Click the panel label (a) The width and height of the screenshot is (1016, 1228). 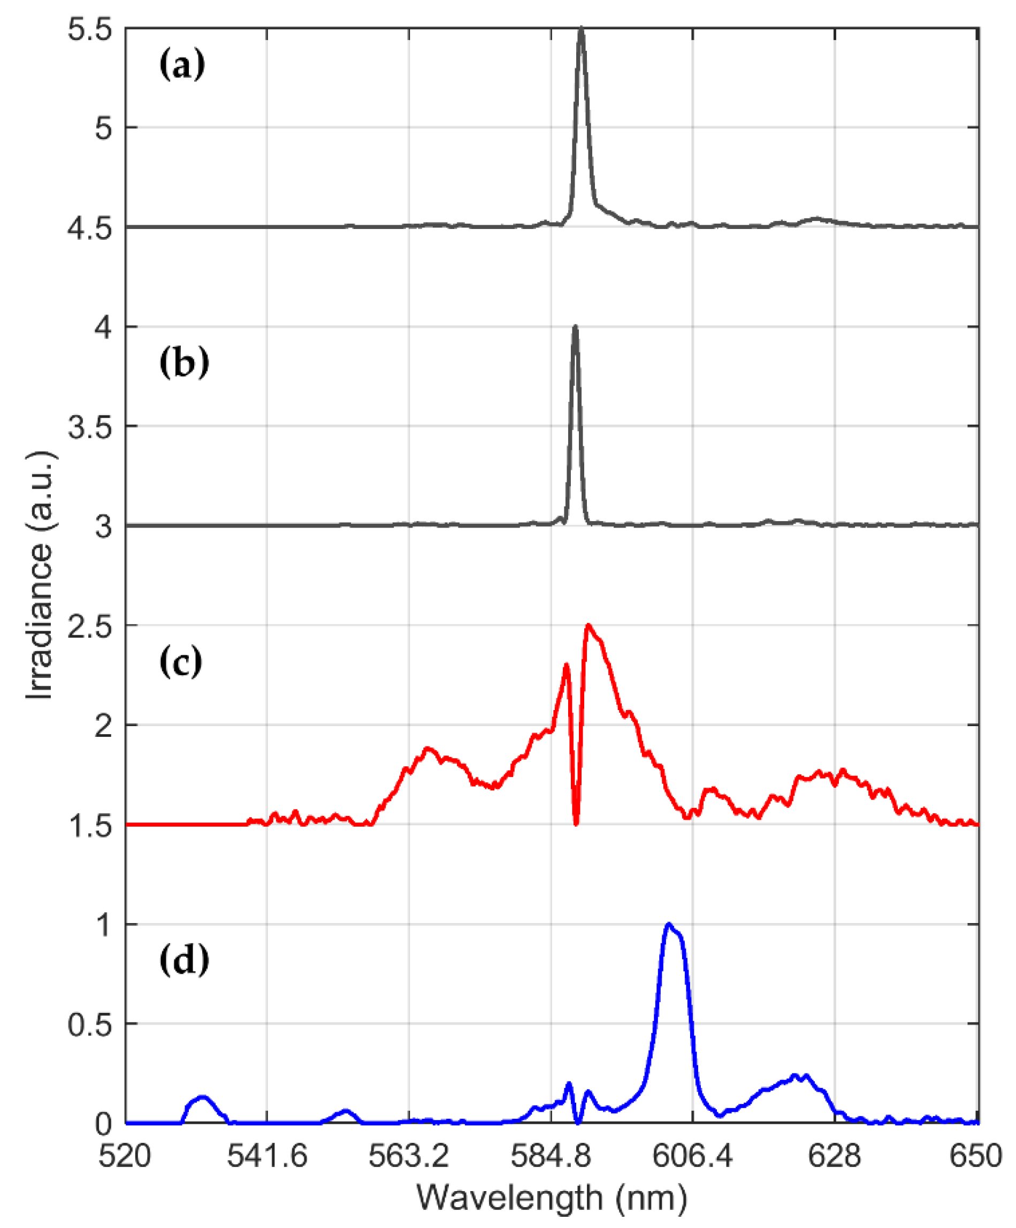tap(182, 64)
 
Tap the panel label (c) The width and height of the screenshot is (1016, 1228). tap(181, 661)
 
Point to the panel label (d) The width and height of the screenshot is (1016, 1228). tap(184, 960)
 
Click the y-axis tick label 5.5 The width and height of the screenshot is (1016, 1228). tap(89, 29)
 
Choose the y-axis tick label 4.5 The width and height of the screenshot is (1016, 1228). tap(89, 228)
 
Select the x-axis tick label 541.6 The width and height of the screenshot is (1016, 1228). tap(267, 1157)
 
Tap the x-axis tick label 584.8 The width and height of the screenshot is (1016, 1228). tap(551, 1157)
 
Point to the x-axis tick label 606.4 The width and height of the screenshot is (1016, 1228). tap(692, 1157)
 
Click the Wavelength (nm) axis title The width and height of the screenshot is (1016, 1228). tap(551, 1198)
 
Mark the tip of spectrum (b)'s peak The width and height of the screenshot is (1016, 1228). tap(575, 327)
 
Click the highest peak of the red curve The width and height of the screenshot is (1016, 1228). tap(588, 626)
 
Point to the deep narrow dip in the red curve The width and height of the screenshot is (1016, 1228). tap(576, 823)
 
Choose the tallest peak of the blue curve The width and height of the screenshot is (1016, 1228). tap(669, 925)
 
